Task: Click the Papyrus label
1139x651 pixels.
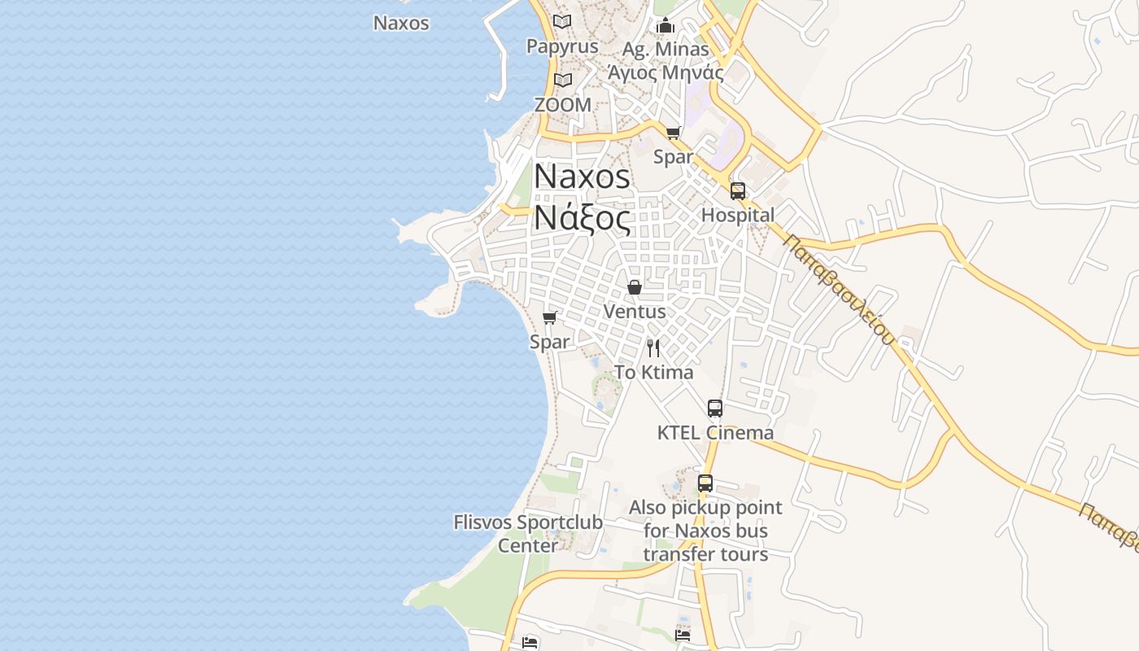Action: [562, 46]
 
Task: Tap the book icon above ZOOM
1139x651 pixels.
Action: [562, 80]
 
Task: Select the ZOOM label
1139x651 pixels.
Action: [562, 105]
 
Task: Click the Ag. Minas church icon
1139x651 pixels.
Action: [666, 26]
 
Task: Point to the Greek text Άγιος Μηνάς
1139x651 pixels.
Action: [666, 72]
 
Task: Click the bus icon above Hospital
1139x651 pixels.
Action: [738, 191]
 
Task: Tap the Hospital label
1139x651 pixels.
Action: [738, 216]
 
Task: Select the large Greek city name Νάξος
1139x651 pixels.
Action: [582, 219]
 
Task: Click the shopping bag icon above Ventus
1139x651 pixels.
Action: [635, 287]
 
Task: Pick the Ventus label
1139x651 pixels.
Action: [635, 312]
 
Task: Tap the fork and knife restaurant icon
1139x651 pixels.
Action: [653, 348]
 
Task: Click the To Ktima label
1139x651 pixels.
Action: [653, 373]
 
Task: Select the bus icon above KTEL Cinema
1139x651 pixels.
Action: [715, 409]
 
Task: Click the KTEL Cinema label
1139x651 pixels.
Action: [715, 433]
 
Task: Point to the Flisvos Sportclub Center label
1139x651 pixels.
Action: [528, 534]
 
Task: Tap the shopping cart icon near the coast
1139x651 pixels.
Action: [550, 317]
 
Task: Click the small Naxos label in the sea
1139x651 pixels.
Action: [401, 23]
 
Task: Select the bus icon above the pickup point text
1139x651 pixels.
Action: [705, 483]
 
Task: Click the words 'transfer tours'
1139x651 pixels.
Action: [705, 554]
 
